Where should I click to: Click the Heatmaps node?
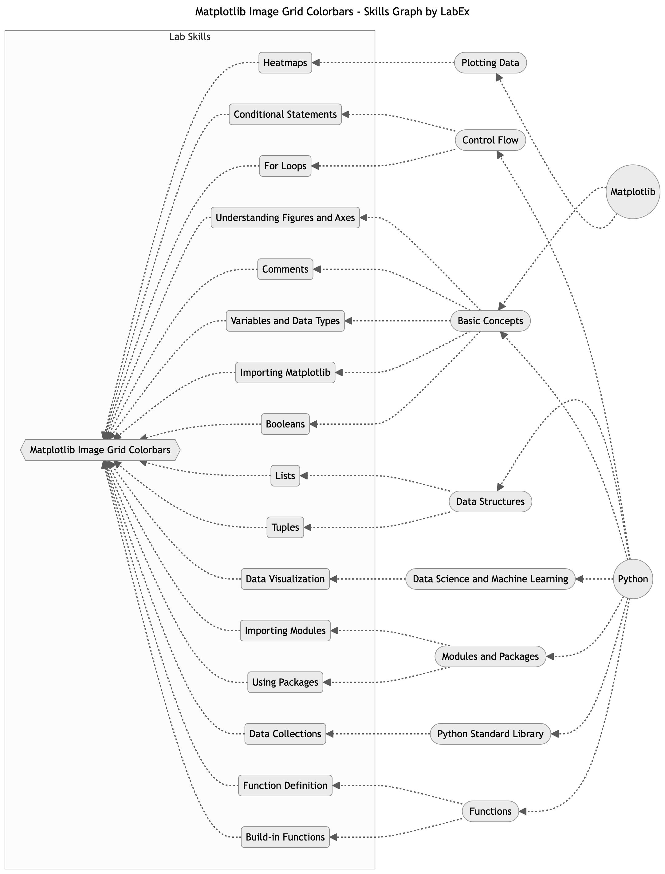pos(285,63)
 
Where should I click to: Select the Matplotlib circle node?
pos(632,191)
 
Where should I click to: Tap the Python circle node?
pos(632,579)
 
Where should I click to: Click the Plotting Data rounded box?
pos(490,63)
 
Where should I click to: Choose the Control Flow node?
pos(490,140)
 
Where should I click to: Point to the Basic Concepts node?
pos(490,321)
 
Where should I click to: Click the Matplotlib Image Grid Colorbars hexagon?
pos(100,450)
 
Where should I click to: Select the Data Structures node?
pos(490,502)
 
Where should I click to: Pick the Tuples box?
pos(285,527)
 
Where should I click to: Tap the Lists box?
pos(285,475)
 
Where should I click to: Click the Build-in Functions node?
pos(285,837)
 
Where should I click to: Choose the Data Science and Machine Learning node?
pos(490,579)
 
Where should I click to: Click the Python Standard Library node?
pos(490,734)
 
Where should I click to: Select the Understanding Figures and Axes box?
pos(285,217)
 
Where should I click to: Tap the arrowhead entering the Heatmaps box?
pos(316,63)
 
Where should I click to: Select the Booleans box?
pos(285,424)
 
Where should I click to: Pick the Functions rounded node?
pos(490,811)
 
